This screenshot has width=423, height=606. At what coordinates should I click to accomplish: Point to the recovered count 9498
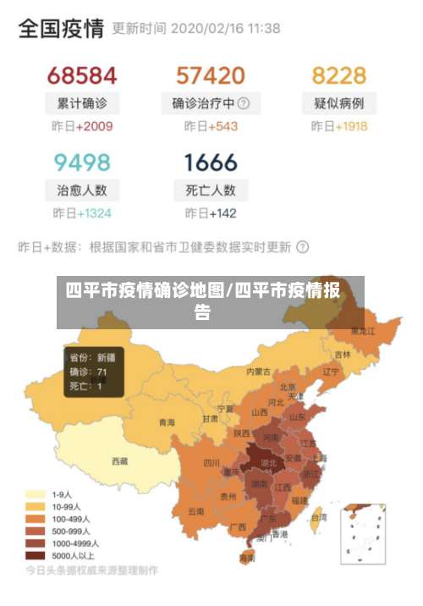(x=82, y=162)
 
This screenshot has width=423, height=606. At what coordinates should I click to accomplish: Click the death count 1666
(x=211, y=162)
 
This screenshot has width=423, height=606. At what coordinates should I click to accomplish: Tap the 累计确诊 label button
(x=82, y=103)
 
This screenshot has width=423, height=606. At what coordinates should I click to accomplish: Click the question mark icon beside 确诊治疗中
(x=244, y=103)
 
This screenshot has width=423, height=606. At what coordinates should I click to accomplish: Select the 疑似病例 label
(x=338, y=103)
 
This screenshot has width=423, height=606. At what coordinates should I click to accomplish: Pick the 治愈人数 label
(x=82, y=190)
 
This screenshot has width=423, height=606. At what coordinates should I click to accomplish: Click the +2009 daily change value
(x=94, y=127)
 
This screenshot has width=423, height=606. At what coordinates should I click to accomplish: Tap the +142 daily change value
(x=222, y=213)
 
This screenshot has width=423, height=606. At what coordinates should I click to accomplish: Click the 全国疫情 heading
(x=61, y=29)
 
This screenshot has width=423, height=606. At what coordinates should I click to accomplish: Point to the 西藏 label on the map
(x=120, y=461)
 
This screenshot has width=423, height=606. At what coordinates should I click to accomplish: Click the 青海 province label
(x=167, y=422)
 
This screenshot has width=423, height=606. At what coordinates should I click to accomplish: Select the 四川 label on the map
(x=211, y=463)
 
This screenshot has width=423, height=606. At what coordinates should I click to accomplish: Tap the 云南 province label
(x=196, y=511)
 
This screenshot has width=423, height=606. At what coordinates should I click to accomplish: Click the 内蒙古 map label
(x=258, y=371)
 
